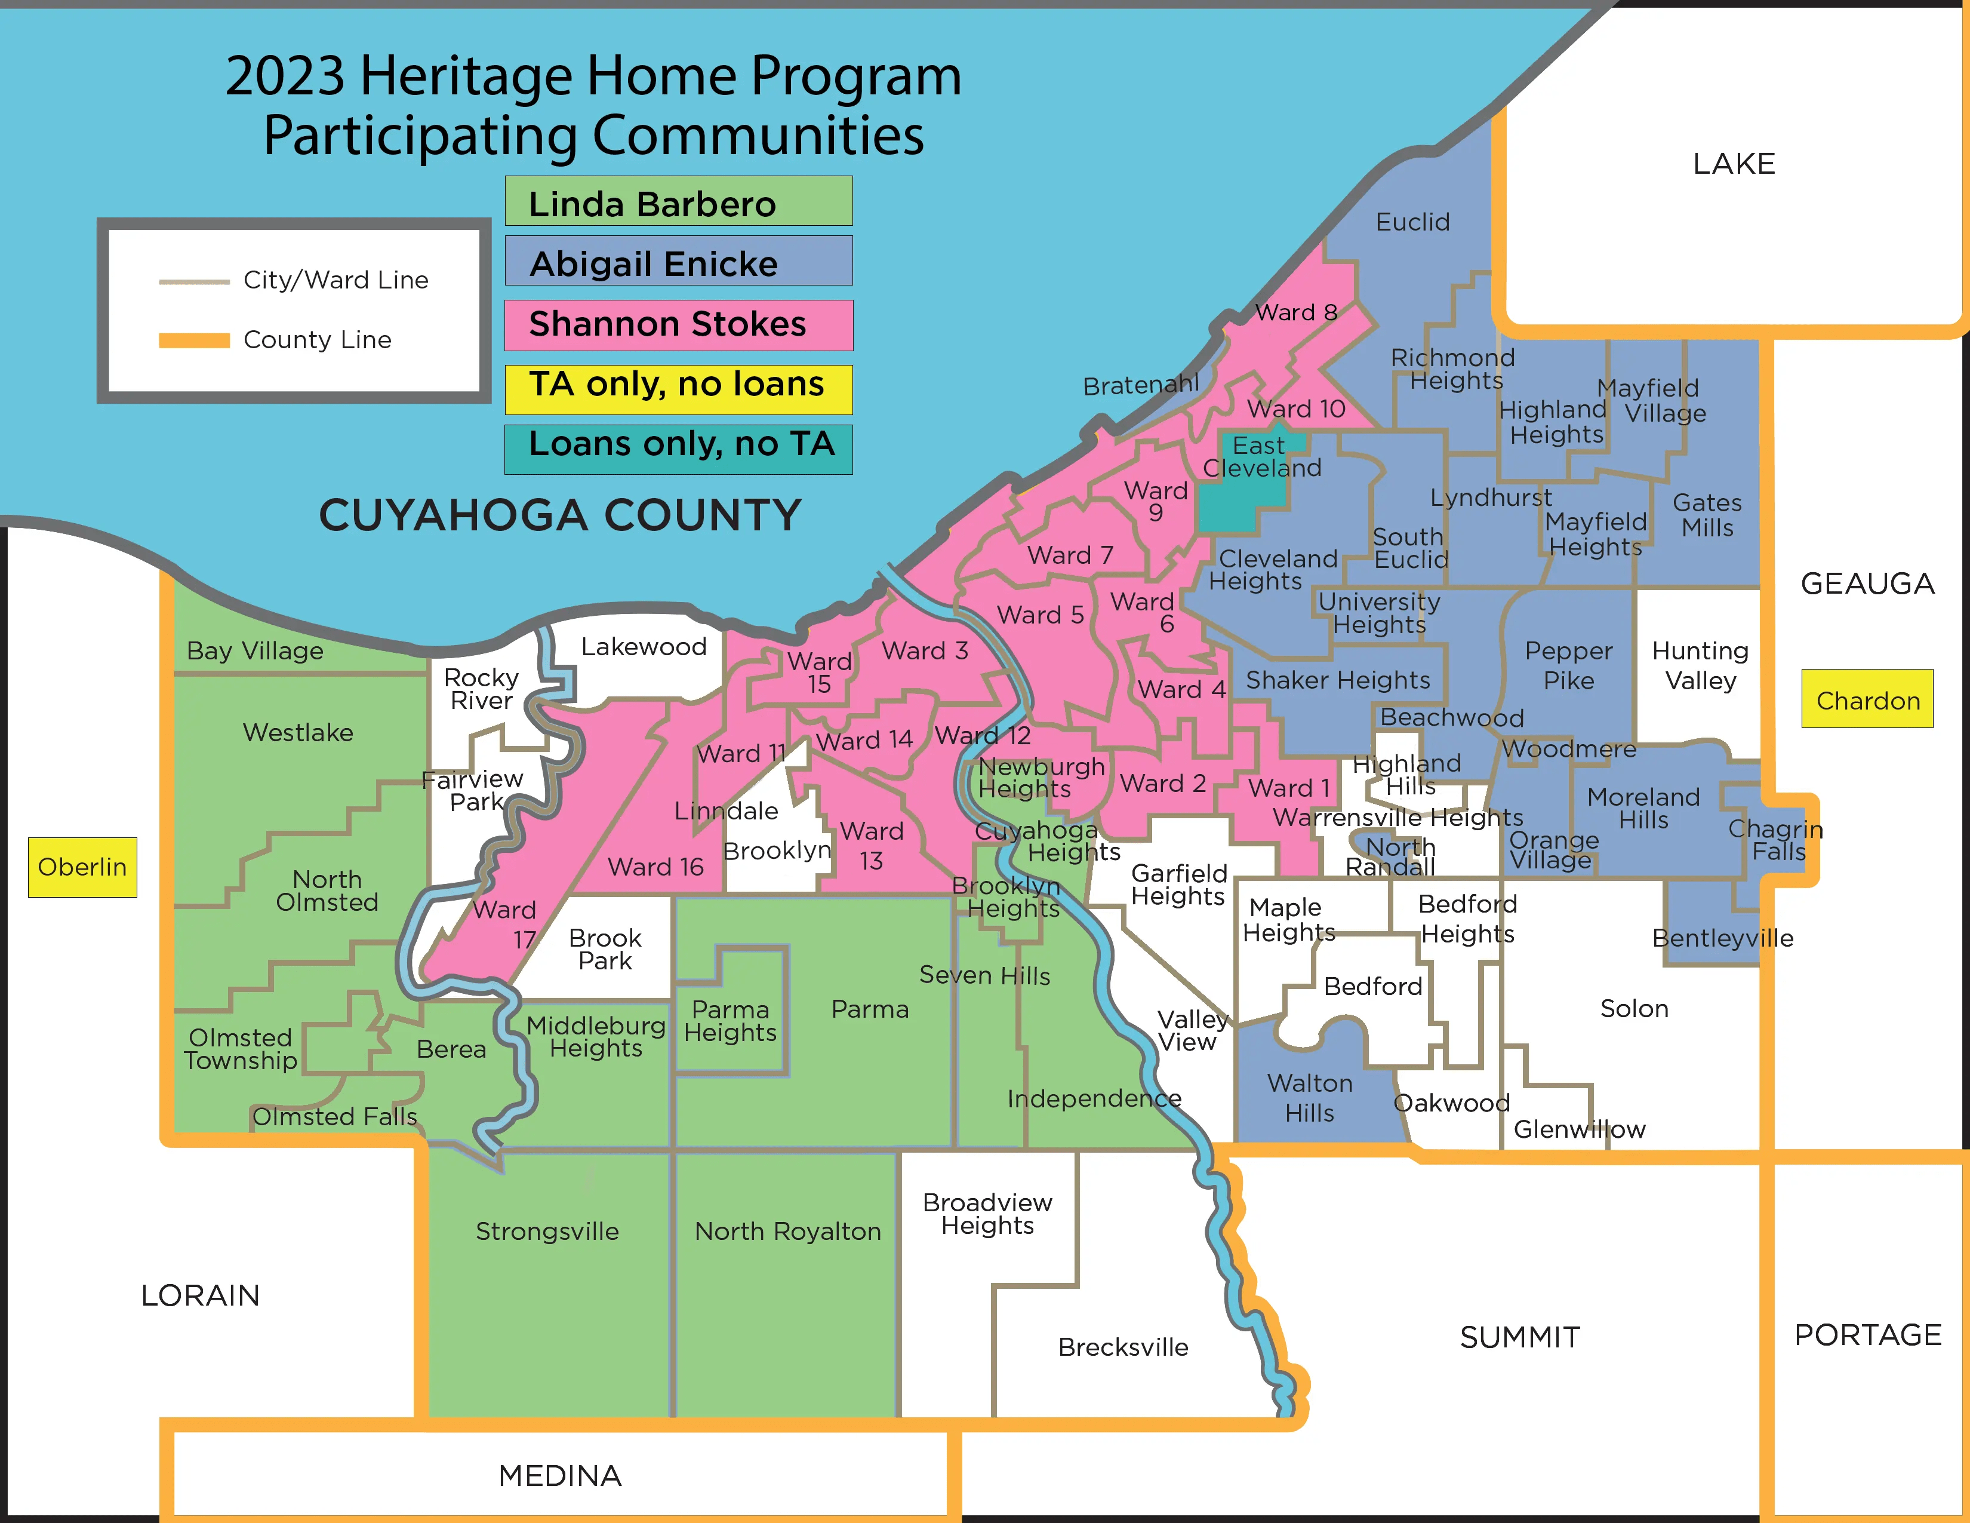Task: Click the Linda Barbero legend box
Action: pos(678,202)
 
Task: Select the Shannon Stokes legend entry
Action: pos(678,325)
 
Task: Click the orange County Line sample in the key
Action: pos(194,340)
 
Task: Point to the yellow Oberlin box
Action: pos(82,867)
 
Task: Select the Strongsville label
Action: pos(547,1232)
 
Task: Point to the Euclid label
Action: pos(1412,222)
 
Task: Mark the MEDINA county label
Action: pos(559,1476)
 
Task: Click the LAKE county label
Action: pos(1733,164)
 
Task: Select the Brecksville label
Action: pos(1122,1347)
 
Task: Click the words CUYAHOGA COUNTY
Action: pos(559,515)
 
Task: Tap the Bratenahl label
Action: pos(1140,386)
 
